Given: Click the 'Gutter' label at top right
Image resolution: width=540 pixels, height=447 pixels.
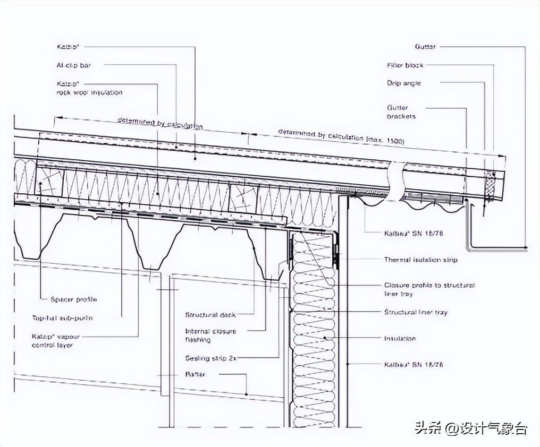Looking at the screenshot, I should point(425,47).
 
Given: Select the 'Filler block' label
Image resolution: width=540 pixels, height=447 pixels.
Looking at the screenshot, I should point(405,65).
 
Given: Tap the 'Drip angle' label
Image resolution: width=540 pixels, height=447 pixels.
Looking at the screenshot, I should point(404,83).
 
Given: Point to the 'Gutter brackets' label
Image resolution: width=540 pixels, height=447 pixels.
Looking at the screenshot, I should point(401,112).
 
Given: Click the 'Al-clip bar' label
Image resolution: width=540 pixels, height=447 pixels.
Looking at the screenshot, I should point(74,65).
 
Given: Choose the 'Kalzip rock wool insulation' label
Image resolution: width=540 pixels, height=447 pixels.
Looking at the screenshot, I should point(89,88).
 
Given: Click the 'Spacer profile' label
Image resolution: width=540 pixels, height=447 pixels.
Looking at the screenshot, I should point(74,299).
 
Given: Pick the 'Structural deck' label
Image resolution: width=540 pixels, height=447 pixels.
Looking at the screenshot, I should point(210,315).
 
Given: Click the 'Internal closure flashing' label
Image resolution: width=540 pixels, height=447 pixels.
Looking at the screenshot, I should point(210,335).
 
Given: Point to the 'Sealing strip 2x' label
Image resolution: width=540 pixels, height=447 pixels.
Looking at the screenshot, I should point(210,358).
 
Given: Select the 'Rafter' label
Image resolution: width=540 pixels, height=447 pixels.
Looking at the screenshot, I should point(195,375).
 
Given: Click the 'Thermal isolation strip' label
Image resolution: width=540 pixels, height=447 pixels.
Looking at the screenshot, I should point(420,260).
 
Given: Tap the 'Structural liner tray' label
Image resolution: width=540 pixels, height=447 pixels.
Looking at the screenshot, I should point(416,312).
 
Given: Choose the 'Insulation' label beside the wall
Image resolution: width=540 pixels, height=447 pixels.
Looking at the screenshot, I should point(400,338).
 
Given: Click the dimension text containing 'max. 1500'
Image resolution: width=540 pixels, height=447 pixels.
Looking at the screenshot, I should point(341,137).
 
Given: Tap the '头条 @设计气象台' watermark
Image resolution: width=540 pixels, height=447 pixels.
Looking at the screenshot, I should point(470,428).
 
